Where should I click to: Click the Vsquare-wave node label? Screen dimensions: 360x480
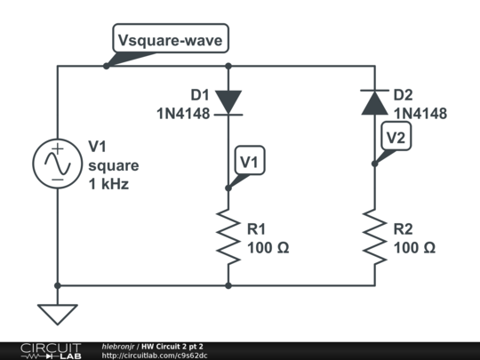172,40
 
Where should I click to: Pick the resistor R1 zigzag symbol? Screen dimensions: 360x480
228,236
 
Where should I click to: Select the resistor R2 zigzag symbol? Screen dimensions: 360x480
374,236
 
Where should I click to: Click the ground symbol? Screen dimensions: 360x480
57,314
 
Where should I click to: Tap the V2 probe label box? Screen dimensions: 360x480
396,136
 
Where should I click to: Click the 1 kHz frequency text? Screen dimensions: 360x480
108,185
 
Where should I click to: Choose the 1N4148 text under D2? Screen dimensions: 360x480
420,113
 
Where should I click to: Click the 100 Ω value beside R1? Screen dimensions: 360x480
268,248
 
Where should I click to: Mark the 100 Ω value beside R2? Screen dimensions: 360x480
414,248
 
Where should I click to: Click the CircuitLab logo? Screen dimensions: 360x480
50,350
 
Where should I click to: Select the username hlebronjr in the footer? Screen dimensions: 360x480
119,345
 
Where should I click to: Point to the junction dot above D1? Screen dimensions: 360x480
228,66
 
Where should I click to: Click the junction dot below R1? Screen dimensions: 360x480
228,286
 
